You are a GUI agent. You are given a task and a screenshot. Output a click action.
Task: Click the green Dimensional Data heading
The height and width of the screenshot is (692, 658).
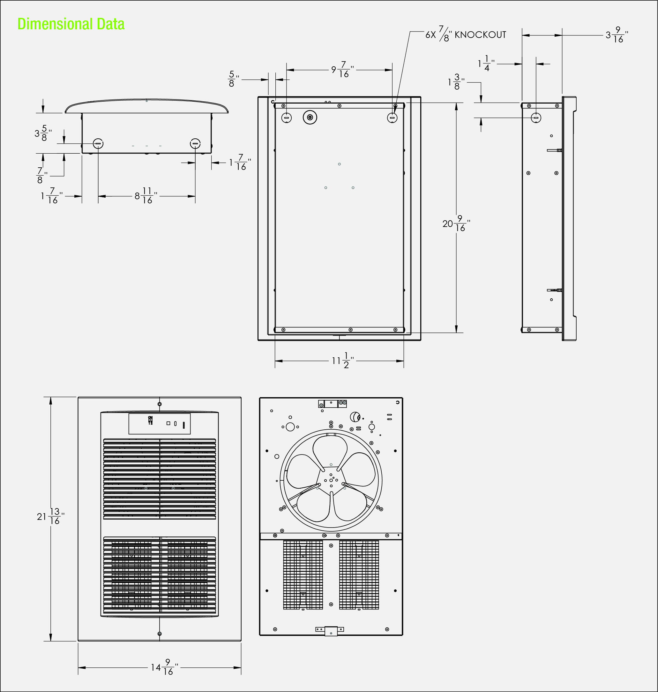point(71,24)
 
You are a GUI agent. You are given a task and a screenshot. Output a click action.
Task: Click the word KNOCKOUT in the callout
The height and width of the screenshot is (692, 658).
point(480,35)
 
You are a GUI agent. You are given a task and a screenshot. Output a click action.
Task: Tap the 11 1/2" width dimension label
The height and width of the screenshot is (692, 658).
point(343,360)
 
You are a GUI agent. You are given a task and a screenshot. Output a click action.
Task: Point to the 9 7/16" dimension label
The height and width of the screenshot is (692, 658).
point(343,69)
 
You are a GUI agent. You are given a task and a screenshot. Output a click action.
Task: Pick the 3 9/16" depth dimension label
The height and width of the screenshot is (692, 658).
point(617,35)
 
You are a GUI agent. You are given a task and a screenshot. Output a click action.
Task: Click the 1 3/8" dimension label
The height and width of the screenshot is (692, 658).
point(456,82)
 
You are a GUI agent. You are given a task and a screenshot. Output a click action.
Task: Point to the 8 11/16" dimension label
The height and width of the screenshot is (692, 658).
point(146,195)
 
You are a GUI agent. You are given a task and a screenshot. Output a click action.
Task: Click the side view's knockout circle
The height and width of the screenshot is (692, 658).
point(535,118)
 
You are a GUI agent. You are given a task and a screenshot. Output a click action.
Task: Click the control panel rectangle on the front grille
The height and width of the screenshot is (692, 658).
point(160,424)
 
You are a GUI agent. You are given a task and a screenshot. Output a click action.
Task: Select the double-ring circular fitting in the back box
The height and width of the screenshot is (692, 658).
point(310,117)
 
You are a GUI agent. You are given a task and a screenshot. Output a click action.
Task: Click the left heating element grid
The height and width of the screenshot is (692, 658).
point(303,575)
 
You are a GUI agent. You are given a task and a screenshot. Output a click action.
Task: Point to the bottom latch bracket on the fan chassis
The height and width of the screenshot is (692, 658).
point(330,631)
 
